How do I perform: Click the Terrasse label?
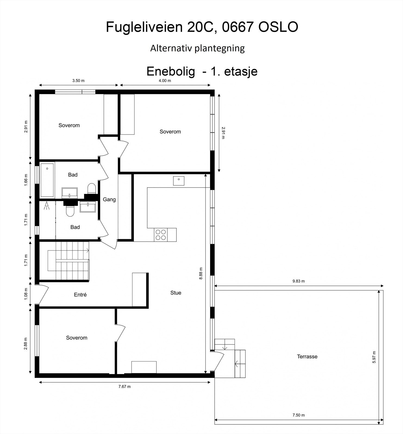click(307, 356)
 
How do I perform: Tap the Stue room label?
click(176, 293)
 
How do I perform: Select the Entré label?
click(80, 295)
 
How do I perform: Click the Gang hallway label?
click(109, 199)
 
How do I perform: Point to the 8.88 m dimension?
click(201, 273)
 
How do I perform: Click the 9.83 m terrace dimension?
click(298, 281)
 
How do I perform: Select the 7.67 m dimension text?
click(124, 387)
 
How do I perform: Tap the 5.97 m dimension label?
click(374, 357)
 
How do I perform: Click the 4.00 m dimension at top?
click(165, 81)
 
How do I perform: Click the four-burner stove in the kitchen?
click(160, 235)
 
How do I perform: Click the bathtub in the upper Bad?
click(47, 180)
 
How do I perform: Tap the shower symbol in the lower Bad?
click(47, 206)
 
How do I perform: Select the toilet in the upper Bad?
click(92, 189)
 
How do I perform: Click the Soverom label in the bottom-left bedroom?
click(77, 338)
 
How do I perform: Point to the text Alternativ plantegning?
click(197, 48)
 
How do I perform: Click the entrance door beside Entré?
click(43, 294)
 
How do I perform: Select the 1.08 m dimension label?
click(26, 294)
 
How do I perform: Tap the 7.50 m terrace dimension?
click(298, 415)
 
